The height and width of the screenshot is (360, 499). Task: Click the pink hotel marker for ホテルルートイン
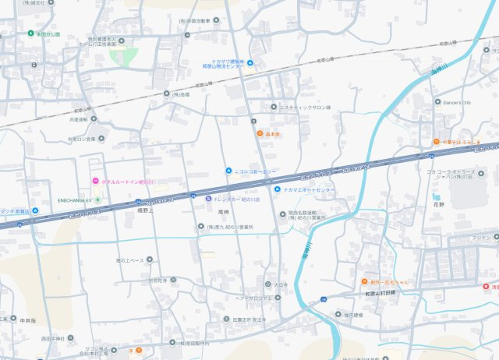pos(95,182)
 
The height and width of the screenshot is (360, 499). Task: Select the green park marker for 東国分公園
pos(30,34)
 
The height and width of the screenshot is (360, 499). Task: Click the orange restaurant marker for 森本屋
pos(260,133)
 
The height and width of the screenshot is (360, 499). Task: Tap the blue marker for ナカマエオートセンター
pos(277,189)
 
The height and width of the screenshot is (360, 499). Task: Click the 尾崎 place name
pos(223,213)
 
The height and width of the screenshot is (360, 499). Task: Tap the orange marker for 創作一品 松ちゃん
pos(363,281)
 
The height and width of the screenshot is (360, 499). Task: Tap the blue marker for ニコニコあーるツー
pos(228,171)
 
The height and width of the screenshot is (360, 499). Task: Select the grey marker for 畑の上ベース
pos(149,259)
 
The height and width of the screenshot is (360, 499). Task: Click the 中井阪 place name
pos(28,320)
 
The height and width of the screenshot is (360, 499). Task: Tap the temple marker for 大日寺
pos(267,284)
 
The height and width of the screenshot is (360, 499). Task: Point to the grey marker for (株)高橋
pos(166,94)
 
